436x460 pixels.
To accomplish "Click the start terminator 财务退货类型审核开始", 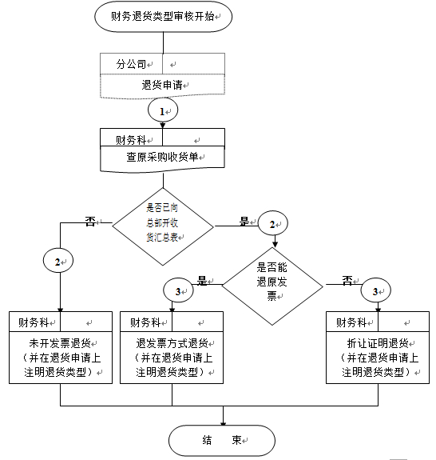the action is [x=163, y=17].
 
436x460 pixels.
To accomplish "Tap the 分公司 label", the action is [x=131, y=64].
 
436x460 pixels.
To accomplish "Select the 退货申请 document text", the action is [x=162, y=85].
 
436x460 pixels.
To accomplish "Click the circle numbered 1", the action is [x=163, y=110].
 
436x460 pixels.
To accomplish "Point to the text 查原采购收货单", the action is [x=162, y=157].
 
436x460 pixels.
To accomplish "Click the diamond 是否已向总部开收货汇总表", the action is [x=163, y=226].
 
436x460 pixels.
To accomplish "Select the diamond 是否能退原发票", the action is [x=272, y=286].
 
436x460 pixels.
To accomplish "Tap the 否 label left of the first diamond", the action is [x=90, y=222].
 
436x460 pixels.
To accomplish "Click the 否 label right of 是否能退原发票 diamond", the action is [x=347, y=281].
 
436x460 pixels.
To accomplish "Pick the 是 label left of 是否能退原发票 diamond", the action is [x=202, y=281].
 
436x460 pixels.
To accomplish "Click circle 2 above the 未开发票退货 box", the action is [x=58, y=261].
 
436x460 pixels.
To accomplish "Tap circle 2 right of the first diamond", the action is [x=273, y=223].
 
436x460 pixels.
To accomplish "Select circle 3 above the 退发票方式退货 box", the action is [x=178, y=290].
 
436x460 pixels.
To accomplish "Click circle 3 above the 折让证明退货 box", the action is [x=376, y=290].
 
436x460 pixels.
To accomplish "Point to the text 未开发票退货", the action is [x=60, y=342].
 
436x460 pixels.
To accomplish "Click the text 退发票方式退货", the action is [x=172, y=342].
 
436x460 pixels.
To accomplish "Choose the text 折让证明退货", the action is [x=378, y=342].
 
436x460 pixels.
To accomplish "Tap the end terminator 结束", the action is [x=222, y=440].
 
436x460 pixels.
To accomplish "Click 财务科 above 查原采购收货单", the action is [x=131, y=140].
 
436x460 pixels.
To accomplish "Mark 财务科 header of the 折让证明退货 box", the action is [x=351, y=322].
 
